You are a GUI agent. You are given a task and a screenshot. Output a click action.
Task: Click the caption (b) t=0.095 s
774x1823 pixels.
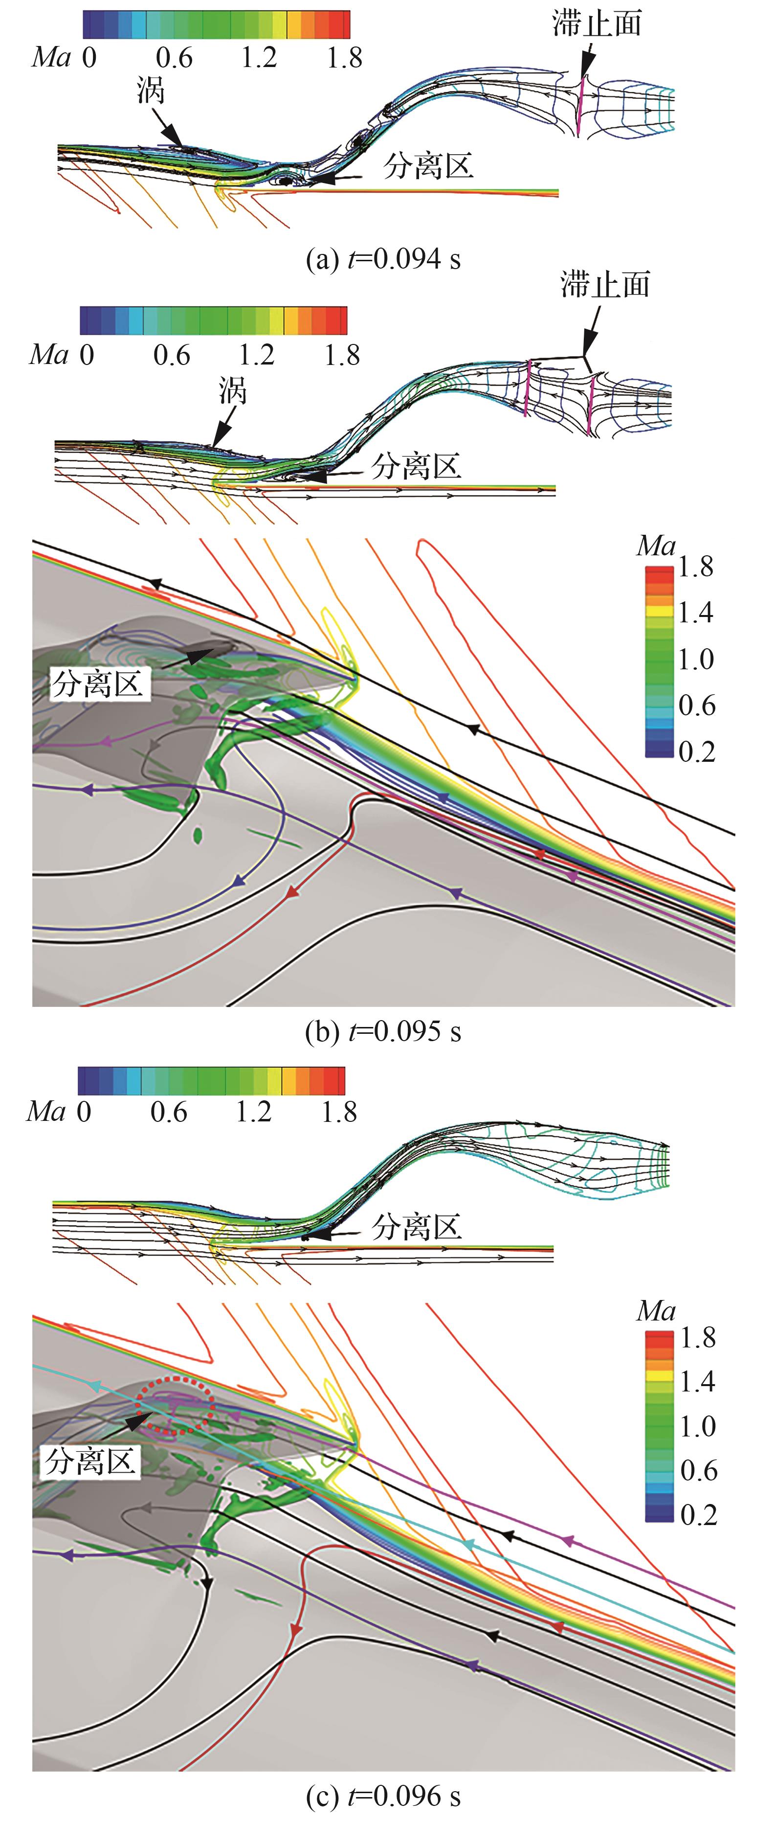(x=383, y=1032)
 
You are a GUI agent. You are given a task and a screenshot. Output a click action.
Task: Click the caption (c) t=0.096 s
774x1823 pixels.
(x=383, y=1796)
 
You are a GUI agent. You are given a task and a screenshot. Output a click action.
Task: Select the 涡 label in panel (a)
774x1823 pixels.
(x=151, y=91)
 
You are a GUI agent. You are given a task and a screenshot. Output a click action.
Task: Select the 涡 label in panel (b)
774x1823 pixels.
(x=232, y=390)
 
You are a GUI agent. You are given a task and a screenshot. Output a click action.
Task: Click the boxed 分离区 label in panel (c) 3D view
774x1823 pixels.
(x=90, y=1460)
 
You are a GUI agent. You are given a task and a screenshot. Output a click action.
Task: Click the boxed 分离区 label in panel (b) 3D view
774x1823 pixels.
(x=98, y=684)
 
